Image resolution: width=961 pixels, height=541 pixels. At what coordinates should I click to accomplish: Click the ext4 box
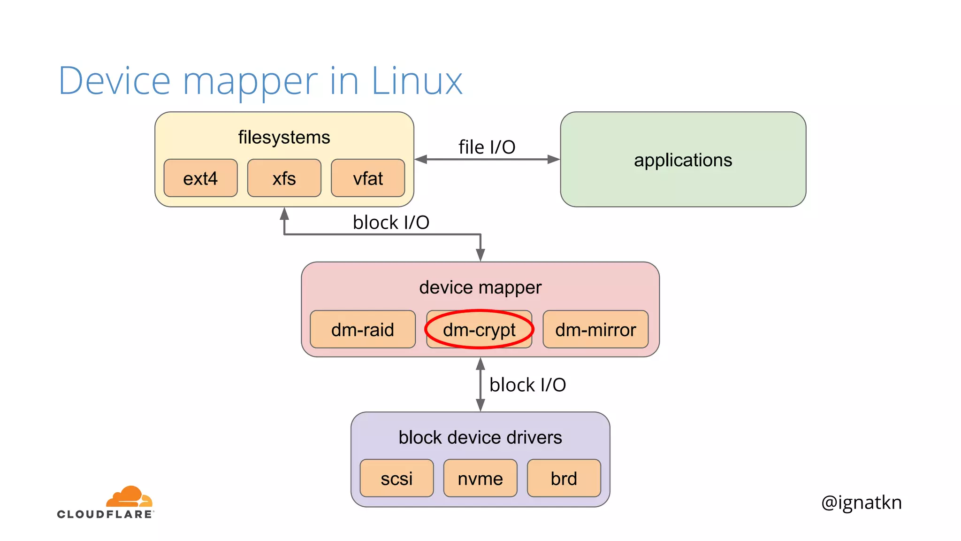(200, 178)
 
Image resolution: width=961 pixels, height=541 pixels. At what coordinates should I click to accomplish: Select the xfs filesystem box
(284, 178)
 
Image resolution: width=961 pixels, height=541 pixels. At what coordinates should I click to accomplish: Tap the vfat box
(368, 178)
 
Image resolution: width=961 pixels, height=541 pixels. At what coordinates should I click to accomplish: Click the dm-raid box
(362, 329)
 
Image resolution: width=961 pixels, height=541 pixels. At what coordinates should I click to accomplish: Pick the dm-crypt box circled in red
(479, 329)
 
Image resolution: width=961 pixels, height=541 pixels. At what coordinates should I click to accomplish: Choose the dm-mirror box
(595, 329)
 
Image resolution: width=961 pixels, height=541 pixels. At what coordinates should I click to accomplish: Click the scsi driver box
(397, 478)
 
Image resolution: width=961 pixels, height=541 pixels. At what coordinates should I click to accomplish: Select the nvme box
(480, 478)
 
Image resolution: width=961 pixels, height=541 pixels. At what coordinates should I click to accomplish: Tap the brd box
(564, 478)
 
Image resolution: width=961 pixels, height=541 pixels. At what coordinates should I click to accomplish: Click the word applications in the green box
(683, 160)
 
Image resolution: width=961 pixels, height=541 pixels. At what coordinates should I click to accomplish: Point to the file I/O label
(487, 147)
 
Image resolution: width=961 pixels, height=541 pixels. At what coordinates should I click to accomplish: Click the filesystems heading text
(284, 137)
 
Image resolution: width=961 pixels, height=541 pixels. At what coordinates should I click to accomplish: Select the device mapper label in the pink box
(480, 287)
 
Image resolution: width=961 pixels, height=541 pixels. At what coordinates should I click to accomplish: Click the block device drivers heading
(480, 437)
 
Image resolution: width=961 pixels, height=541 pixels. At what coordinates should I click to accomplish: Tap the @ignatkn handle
(861, 502)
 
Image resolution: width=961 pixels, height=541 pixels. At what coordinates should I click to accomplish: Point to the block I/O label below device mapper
(527, 385)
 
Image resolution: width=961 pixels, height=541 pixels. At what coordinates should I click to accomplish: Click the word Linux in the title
(417, 81)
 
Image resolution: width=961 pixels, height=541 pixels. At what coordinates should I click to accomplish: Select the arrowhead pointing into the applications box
(554, 159)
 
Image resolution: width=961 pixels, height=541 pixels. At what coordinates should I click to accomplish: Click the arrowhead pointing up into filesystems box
(284, 214)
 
